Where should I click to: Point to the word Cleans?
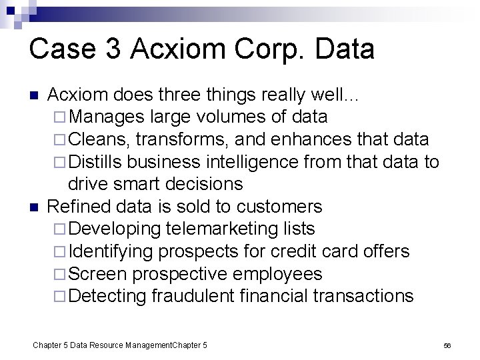(98, 139)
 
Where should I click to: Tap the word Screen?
(99, 273)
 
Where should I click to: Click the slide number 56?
(448, 345)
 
